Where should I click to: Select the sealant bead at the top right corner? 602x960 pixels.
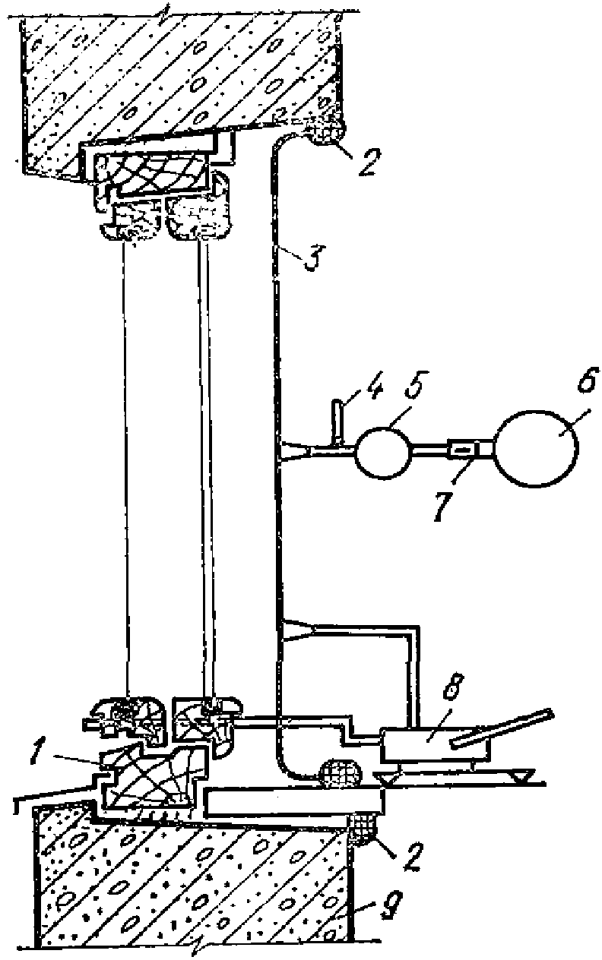(328, 134)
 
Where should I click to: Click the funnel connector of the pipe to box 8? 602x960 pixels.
(299, 630)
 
